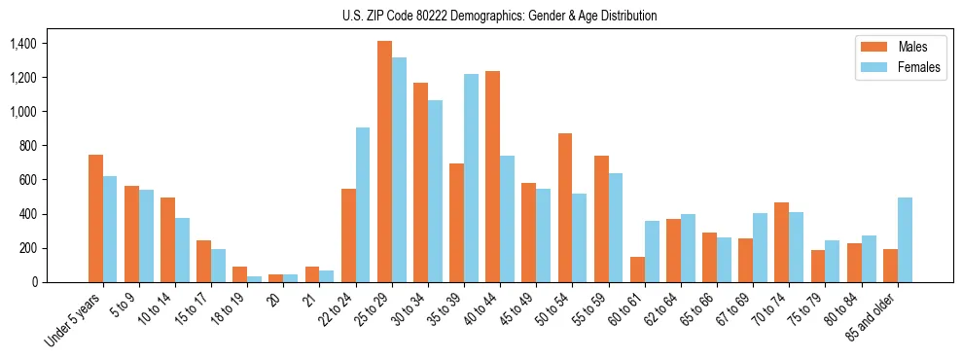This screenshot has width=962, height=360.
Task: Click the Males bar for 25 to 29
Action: pos(384,162)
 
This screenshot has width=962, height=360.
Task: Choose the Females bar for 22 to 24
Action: pos(363,204)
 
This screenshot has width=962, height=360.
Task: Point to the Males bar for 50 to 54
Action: pos(564,207)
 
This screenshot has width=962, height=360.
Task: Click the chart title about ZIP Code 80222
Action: pos(499,16)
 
